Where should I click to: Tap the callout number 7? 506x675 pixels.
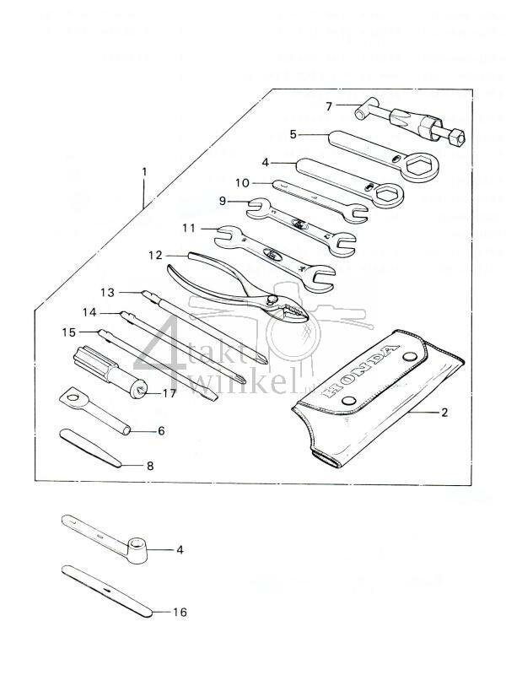(x=306, y=105)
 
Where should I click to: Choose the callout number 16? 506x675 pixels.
(x=179, y=612)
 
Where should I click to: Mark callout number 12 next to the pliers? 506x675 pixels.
(x=154, y=255)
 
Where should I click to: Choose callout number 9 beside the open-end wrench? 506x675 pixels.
(x=224, y=202)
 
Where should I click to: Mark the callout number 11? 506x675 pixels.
(x=189, y=228)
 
